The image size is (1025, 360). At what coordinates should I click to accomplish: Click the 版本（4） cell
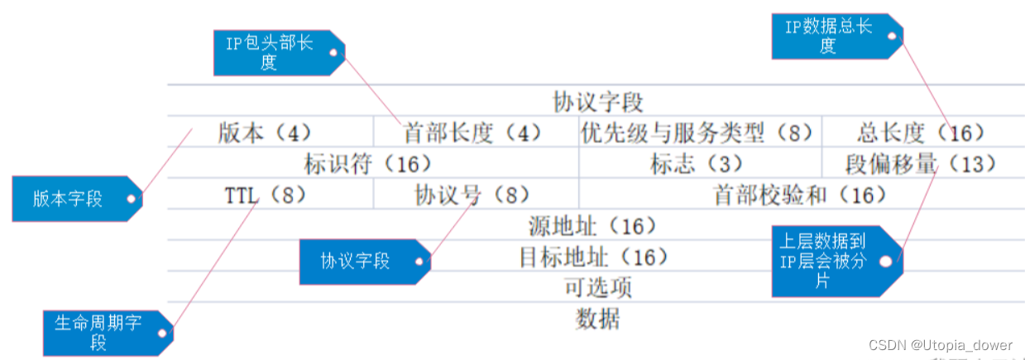[x=265, y=132]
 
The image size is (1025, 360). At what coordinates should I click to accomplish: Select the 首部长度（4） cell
[x=472, y=132]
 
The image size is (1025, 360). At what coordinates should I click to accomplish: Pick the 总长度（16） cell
[x=921, y=132]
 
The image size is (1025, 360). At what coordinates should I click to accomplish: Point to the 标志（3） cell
[x=697, y=164]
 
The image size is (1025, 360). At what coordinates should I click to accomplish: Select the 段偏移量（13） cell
[x=921, y=164]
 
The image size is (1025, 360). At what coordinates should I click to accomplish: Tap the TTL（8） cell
[x=266, y=195]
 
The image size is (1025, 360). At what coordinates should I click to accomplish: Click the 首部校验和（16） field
[x=799, y=195]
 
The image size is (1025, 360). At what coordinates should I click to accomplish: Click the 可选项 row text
[x=597, y=288]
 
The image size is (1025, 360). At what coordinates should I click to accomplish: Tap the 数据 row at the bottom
[x=597, y=319]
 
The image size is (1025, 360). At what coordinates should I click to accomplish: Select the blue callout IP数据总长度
[x=831, y=36]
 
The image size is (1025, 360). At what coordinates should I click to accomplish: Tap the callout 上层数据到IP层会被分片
[x=827, y=261]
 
